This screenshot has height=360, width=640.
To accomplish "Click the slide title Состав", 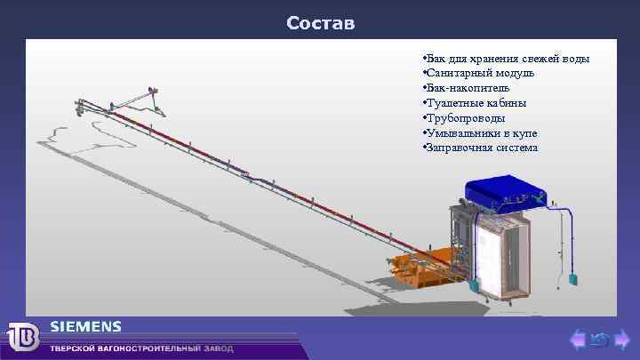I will pos(320,22).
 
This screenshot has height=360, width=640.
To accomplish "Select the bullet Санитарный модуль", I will pos(480,73).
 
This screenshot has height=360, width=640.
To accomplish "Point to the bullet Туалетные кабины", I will pos(476,103).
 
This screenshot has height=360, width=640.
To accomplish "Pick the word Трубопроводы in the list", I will pos(467,117).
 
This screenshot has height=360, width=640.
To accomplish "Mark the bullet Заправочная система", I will pos(483,148).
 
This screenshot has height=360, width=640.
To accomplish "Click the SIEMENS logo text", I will pos(85,327).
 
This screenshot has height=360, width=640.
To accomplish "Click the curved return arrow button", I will pos(599,339).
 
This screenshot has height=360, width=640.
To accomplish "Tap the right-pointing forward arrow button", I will pos(622,339).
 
